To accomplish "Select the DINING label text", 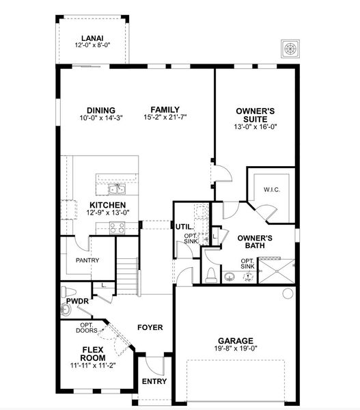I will [100, 110].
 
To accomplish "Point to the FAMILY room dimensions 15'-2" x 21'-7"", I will [165, 118].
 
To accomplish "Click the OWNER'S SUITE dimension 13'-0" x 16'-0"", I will [255, 126].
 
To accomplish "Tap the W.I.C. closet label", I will [271, 190].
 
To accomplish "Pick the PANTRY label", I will [87, 260].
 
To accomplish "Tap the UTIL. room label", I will [184, 226].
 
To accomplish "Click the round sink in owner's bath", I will [230, 276].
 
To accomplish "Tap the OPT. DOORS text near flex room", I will [87, 328].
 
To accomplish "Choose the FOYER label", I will [150, 327].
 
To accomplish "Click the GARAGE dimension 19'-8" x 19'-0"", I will [236, 348].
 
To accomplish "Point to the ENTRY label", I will [154, 382].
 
